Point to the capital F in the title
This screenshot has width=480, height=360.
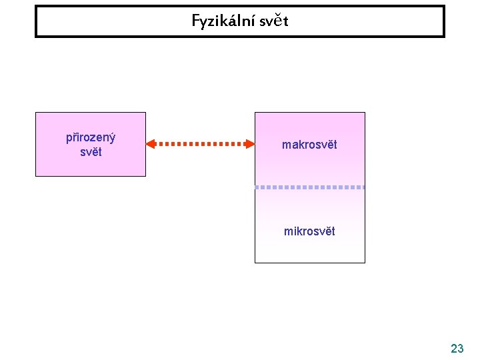coord(196,21)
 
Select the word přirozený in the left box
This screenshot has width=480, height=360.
coord(91,138)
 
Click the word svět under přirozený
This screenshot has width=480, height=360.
coord(91,151)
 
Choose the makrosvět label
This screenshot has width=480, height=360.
coord(309,145)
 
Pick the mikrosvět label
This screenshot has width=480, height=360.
coord(309,231)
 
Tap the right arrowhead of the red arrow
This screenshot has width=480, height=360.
coord(249,143)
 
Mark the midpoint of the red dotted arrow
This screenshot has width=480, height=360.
coord(200,143)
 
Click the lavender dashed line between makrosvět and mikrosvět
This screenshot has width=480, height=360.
coord(310,187)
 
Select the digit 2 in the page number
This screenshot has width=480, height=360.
coord(453,348)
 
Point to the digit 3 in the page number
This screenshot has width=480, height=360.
coord(461,348)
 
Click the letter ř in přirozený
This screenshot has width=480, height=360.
coord(74,138)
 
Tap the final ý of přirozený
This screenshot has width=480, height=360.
coord(112,138)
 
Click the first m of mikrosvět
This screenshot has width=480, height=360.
coord(288,231)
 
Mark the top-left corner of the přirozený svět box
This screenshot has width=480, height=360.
coord(36,113)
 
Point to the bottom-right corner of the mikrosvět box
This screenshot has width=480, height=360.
coord(365,263)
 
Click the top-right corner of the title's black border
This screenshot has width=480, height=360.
coord(443,7)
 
